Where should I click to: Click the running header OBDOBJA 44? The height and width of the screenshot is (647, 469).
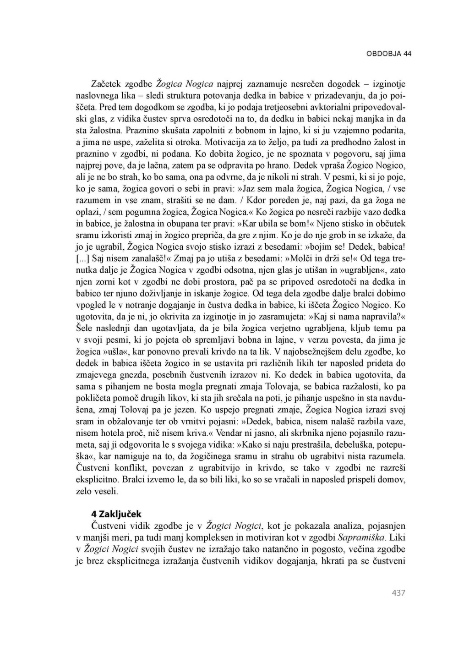point(388,54)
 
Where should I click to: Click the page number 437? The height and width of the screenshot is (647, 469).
point(398,593)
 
